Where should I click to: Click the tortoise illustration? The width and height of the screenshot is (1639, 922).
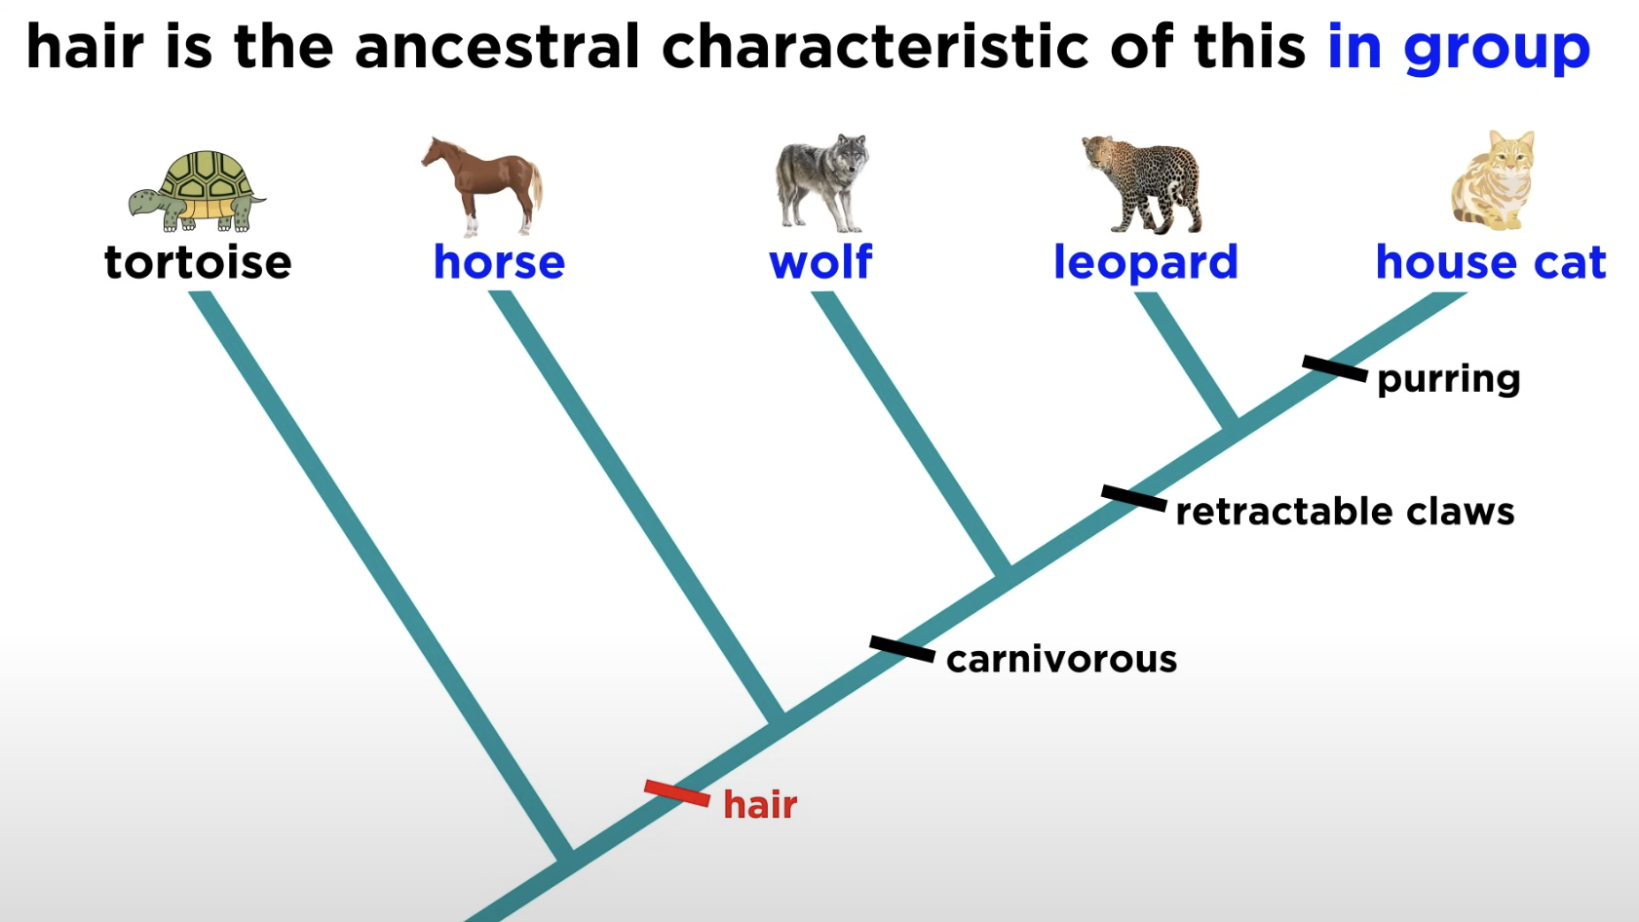click(197, 191)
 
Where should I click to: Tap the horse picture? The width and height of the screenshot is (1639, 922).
click(482, 186)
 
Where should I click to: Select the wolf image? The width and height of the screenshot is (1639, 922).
click(821, 183)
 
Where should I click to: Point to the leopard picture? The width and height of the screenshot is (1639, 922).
click(1142, 184)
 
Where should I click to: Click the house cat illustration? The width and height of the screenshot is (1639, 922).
click(1493, 180)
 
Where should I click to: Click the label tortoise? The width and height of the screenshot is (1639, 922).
click(198, 262)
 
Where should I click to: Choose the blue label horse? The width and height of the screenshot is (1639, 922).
click(499, 261)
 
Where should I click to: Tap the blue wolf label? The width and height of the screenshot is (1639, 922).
click(820, 261)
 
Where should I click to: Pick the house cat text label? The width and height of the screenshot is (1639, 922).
click(1491, 261)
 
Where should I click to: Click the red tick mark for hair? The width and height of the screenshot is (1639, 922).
click(677, 793)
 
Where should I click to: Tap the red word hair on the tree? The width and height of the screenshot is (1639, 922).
click(760, 804)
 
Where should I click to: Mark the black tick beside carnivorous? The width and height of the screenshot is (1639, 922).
click(902, 649)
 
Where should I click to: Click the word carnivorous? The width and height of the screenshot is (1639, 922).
click(1062, 659)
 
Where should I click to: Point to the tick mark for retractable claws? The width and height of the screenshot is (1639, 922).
click(1134, 498)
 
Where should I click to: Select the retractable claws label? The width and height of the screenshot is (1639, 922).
click(1345, 512)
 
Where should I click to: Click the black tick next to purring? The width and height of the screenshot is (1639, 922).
click(1335, 368)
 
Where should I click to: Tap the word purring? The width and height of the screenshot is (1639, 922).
click(1449, 380)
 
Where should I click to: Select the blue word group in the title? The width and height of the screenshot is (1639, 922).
click(1497, 49)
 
